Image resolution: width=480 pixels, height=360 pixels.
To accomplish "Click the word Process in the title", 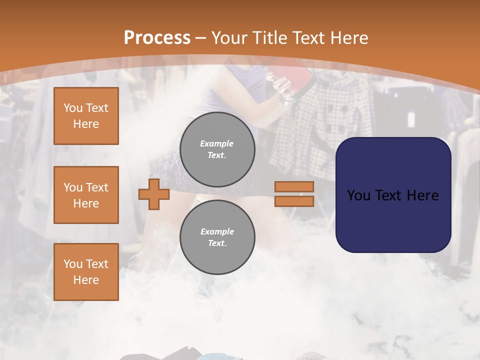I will click(x=157, y=38).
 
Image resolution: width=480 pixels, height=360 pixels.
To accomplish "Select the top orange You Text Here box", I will click(x=86, y=116).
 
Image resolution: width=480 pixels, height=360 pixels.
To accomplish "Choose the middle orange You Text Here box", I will click(x=86, y=195).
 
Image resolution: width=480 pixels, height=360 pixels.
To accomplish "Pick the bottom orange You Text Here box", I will click(x=86, y=272).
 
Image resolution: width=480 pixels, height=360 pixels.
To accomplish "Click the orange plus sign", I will click(x=154, y=194).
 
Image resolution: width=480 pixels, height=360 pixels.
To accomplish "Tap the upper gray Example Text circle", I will click(x=217, y=149).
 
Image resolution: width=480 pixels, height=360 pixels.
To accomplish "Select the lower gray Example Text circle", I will click(x=217, y=237).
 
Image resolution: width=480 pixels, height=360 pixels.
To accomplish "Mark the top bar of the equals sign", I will click(x=294, y=186).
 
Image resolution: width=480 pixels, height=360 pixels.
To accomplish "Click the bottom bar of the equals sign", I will click(x=294, y=201).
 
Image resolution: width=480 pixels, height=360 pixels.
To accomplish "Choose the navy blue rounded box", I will click(x=393, y=195).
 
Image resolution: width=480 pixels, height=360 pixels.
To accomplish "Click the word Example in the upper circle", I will click(x=216, y=143).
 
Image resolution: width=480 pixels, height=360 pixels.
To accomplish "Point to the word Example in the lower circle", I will click(x=216, y=231).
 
